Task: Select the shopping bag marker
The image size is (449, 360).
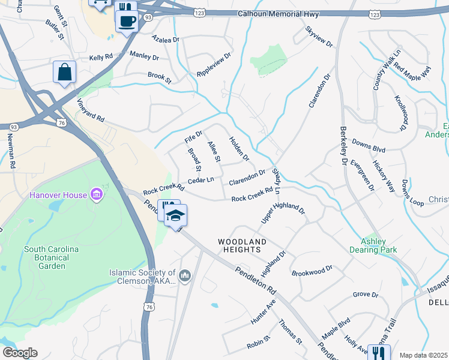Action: pos(64,73)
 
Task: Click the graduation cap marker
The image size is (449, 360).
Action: pos(175,216)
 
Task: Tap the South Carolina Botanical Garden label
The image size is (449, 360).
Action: pos(51,257)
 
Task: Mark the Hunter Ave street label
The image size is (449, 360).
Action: pos(263,312)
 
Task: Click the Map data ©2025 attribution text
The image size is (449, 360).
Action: pos(423,355)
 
